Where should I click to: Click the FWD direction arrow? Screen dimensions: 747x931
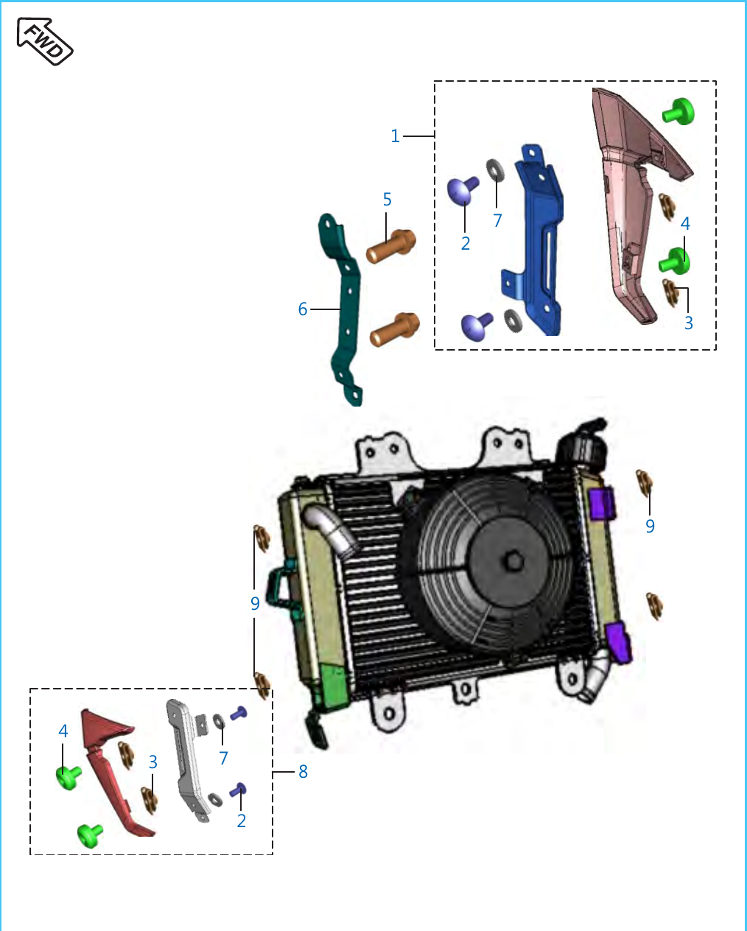[x=45, y=41]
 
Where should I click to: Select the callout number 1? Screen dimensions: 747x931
[x=395, y=136]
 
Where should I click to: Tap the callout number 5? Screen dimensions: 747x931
[x=387, y=200]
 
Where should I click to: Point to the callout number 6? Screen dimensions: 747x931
[x=303, y=309]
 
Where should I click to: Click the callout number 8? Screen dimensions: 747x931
[x=303, y=771]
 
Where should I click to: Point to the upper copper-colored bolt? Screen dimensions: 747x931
[x=390, y=246]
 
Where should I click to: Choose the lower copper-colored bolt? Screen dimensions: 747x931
[x=394, y=329]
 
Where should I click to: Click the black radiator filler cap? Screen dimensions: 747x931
[x=582, y=446]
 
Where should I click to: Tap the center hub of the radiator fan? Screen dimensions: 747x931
[x=514, y=561]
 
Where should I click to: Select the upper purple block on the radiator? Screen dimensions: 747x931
[x=603, y=503]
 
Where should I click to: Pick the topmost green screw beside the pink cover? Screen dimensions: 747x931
[x=678, y=112]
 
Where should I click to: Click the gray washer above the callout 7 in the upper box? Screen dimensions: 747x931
[x=495, y=170]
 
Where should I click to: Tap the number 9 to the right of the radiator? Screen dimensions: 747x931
[x=650, y=526]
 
